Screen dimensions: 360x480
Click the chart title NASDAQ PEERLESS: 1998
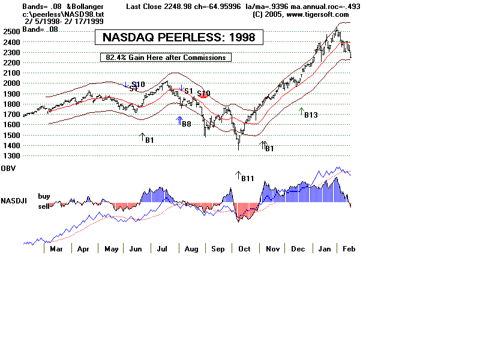pyautogui.click(x=179, y=37)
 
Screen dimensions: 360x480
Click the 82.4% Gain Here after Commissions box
pyautogui.click(x=166, y=58)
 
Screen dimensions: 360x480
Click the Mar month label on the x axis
pyautogui.click(x=56, y=248)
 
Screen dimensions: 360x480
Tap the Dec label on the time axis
pyautogui.click(x=298, y=248)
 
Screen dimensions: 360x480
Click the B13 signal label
pyautogui.click(x=311, y=115)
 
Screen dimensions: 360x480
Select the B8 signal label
pyautogui.click(x=187, y=124)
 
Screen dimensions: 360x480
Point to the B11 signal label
pyautogui.click(x=248, y=178)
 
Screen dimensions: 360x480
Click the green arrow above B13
pyautogui.click(x=302, y=110)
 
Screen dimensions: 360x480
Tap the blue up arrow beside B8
pyautogui.click(x=179, y=121)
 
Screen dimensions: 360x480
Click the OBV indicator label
pyautogui.click(x=8, y=167)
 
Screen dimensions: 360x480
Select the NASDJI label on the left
pyautogui.click(x=12, y=200)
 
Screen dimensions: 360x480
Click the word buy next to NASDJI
pyautogui.click(x=44, y=196)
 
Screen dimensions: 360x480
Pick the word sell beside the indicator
pyautogui.click(x=44, y=205)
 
